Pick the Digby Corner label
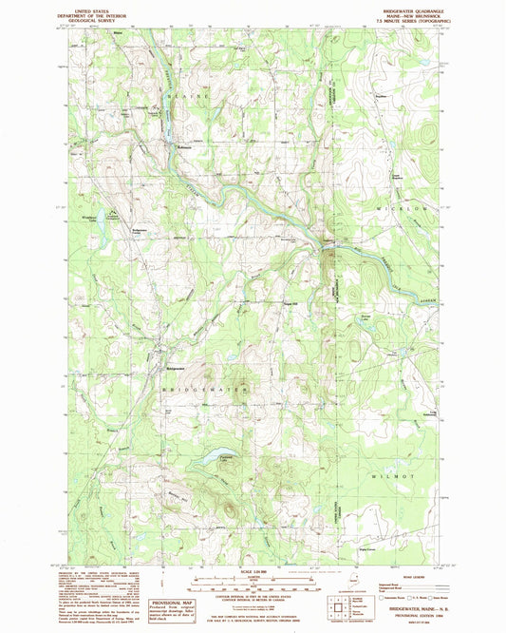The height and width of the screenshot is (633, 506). (x=392, y=549)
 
